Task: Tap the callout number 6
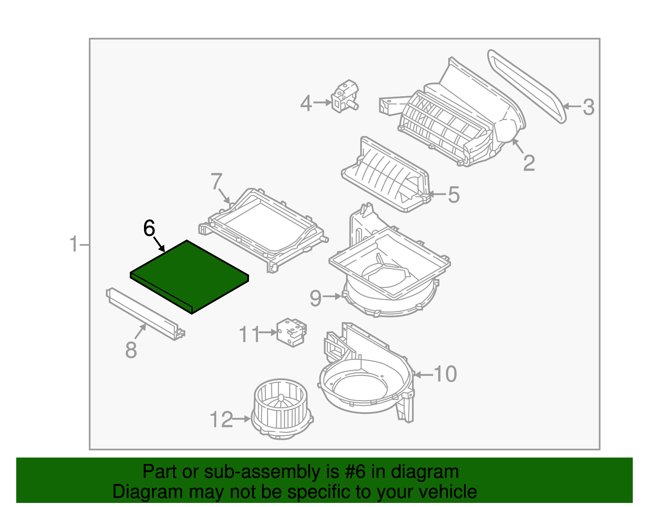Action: click(x=149, y=229)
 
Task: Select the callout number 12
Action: click(x=221, y=419)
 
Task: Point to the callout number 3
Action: click(x=588, y=108)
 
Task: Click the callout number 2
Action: click(x=529, y=163)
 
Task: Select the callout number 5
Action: click(x=454, y=195)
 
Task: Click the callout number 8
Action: click(x=131, y=350)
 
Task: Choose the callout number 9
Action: click(x=316, y=298)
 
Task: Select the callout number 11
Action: click(x=249, y=334)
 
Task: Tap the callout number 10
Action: click(x=445, y=374)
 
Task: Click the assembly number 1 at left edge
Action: click(x=73, y=244)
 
